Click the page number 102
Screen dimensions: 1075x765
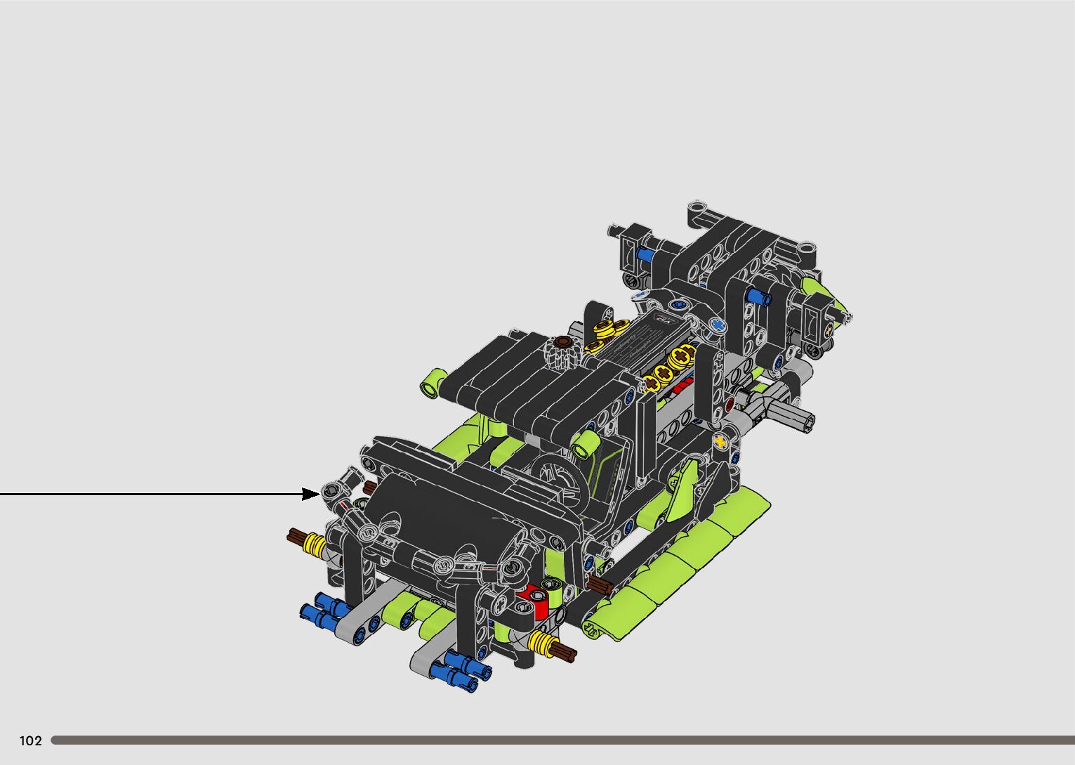(x=31, y=740)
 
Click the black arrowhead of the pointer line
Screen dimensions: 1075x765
(x=310, y=494)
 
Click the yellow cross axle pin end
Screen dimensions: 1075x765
(x=720, y=441)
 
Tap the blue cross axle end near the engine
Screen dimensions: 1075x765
(x=718, y=325)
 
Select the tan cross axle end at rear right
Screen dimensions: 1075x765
(x=827, y=329)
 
